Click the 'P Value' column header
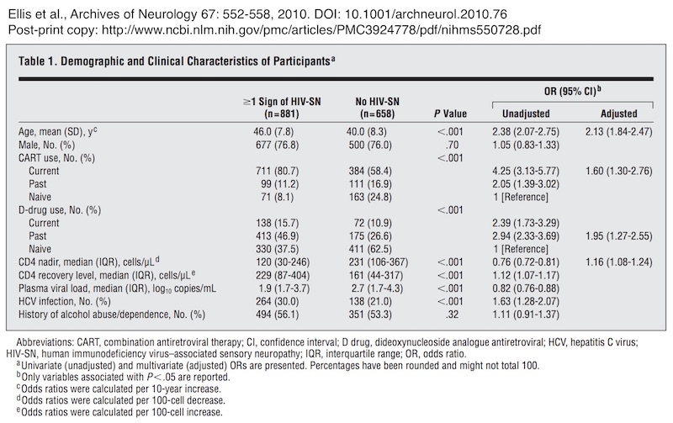coord(450,114)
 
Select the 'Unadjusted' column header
coord(526,114)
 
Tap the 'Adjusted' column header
coord(619,114)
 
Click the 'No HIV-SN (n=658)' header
coord(377,108)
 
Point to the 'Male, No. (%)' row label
coord(46,145)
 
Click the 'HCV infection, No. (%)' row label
coord(65,301)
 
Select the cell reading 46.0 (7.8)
coord(273,132)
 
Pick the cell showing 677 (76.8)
coord(278,145)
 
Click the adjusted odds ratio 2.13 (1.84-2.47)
coord(618,132)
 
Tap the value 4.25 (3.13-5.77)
coord(526,172)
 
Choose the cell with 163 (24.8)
coord(370,198)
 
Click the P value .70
coord(452,145)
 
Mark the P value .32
coord(452,315)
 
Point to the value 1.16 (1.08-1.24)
coord(618,262)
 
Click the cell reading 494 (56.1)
coord(278,315)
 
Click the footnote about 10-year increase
coord(119,389)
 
